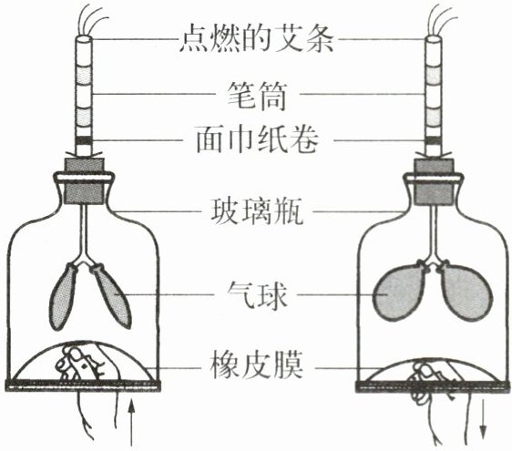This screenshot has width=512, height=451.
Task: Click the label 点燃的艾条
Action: (257, 40)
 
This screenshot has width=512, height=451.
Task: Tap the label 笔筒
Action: (257, 95)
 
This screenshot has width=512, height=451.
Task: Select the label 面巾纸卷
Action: (257, 139)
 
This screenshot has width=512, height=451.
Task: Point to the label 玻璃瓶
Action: (257, 211)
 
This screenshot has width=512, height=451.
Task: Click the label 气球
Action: (257, 295)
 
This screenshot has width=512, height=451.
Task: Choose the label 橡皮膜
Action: (257, 364)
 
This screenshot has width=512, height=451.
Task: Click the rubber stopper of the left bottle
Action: (85, 181)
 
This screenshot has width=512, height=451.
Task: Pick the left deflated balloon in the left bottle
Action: (62, 297)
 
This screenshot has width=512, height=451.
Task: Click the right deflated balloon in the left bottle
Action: (112, 296)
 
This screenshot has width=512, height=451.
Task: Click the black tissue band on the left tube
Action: (84, 140)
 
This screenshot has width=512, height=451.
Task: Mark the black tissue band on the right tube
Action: (433, 140)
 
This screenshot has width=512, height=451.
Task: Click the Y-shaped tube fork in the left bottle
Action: (85, 256)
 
